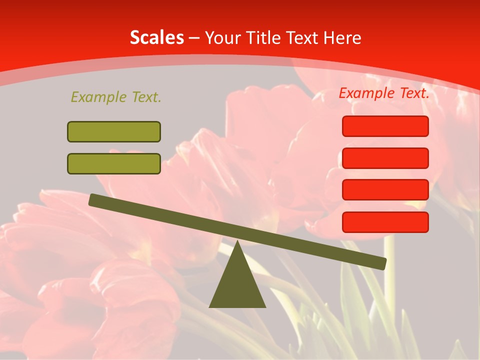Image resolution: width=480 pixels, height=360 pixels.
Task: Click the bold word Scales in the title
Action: [156, 37]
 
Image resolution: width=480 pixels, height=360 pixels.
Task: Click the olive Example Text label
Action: [116, 97]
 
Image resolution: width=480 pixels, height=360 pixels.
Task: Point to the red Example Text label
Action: [384, 93]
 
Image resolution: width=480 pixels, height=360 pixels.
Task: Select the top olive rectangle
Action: [114, 131]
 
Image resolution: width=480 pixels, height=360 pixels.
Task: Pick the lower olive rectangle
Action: [114, 163]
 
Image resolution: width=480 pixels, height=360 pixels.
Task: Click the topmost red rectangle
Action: [385, 126]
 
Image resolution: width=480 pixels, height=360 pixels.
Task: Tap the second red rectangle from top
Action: [385, 158]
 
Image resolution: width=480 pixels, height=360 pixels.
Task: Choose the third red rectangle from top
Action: [385, 190]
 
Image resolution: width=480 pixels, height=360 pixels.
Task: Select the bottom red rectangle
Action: [385, 222]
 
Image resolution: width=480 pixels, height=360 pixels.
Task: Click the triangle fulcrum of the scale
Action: [237, 282]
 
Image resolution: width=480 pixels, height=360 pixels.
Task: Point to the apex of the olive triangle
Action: [237, 242]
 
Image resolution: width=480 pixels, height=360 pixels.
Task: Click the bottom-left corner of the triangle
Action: [210, 306]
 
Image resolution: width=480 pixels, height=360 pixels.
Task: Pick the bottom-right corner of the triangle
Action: [265, 306]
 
